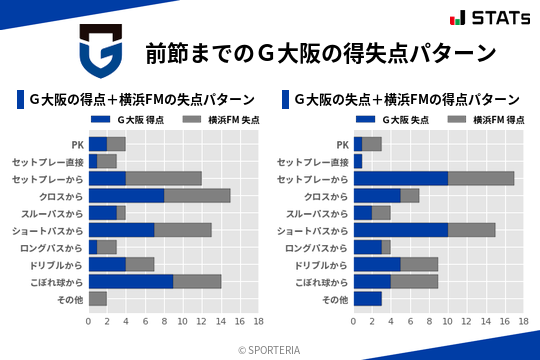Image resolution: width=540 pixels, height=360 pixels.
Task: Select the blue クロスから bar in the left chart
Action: click(126, 195)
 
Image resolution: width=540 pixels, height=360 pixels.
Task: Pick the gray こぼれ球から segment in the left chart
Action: click(197, 281)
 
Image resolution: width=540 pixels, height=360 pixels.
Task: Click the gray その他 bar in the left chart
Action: click(98, 298)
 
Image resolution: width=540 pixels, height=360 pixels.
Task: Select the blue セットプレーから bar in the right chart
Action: click(401, 178)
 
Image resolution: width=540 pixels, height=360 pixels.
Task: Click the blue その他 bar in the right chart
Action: click(368, 298)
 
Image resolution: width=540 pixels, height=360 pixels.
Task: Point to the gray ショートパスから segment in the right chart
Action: click(471, 229)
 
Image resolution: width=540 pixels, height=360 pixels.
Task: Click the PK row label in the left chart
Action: click(77, 144)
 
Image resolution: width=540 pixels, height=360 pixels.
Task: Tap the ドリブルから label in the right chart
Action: click(324, 264)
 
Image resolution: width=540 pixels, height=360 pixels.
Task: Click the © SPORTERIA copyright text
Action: click(270, 349)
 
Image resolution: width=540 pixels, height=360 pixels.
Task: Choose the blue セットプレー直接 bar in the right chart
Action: click(358, 161)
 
